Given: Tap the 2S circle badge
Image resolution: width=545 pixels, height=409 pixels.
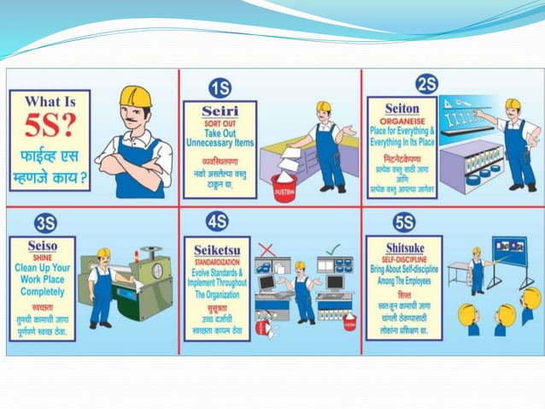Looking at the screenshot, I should click(426, 84).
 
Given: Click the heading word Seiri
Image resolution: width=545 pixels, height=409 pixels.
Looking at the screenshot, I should click(220, 111).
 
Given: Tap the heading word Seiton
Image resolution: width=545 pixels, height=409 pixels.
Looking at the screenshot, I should click(401, 109).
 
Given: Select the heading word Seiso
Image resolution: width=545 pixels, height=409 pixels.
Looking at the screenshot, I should click(42, 246).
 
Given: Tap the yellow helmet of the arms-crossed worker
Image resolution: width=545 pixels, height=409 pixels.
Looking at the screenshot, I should click(134, 96).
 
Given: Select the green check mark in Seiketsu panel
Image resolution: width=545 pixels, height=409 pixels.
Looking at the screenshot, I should click(333, 249).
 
